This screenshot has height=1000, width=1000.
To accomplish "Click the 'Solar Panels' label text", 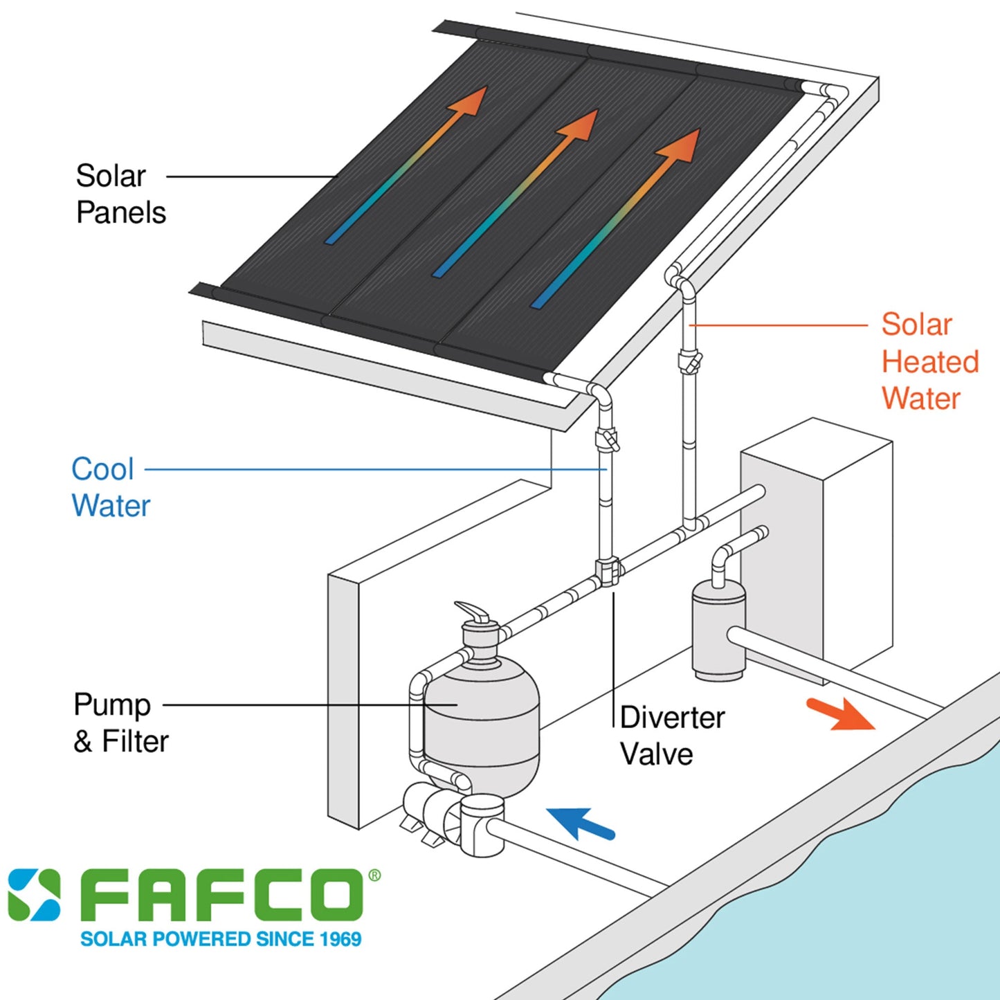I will (x=120, y=194).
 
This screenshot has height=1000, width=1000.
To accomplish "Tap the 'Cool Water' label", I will (x=110, y=487).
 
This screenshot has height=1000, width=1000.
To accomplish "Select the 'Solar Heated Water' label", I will (x=929, y=361).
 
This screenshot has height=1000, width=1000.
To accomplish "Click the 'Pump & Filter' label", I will (x=120, y=722).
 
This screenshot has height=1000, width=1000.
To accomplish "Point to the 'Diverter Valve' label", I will (x=671, y=736).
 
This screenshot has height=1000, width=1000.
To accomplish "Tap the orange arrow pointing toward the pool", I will (x=839, y=714).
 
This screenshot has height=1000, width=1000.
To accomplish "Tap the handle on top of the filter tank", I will (x=473, y=612).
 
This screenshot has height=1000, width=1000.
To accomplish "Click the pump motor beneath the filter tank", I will (x=429, y=810).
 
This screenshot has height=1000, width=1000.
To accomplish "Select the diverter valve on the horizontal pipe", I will (x=608, y=572).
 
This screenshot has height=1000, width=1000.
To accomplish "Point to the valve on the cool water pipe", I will (x=607, y=440).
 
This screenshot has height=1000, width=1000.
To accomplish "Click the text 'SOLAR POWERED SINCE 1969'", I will (x=221, y=939).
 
